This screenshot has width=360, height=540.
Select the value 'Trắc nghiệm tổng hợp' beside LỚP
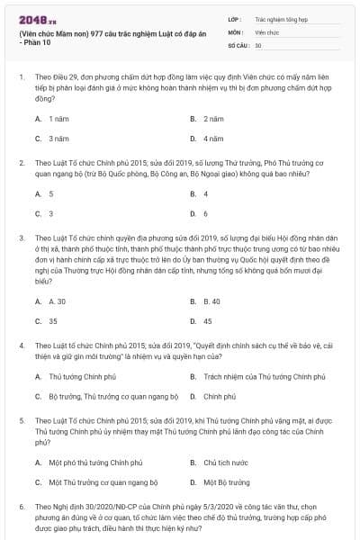point(280,17)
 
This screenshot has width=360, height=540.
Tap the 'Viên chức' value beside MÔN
point(267,31)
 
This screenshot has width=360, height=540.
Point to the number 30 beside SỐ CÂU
point(258,44)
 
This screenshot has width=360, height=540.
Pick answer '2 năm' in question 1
point(212,119)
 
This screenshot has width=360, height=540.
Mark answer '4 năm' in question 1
point(212,139)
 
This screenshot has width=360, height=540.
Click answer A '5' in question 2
point(50,193)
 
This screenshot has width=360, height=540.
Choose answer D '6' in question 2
point(206,213)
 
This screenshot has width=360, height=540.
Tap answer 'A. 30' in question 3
point(57,301)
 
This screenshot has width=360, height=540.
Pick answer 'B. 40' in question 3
point(211,301)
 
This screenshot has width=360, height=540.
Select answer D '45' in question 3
point(208,320)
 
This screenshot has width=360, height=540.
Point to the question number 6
point(21,508)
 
